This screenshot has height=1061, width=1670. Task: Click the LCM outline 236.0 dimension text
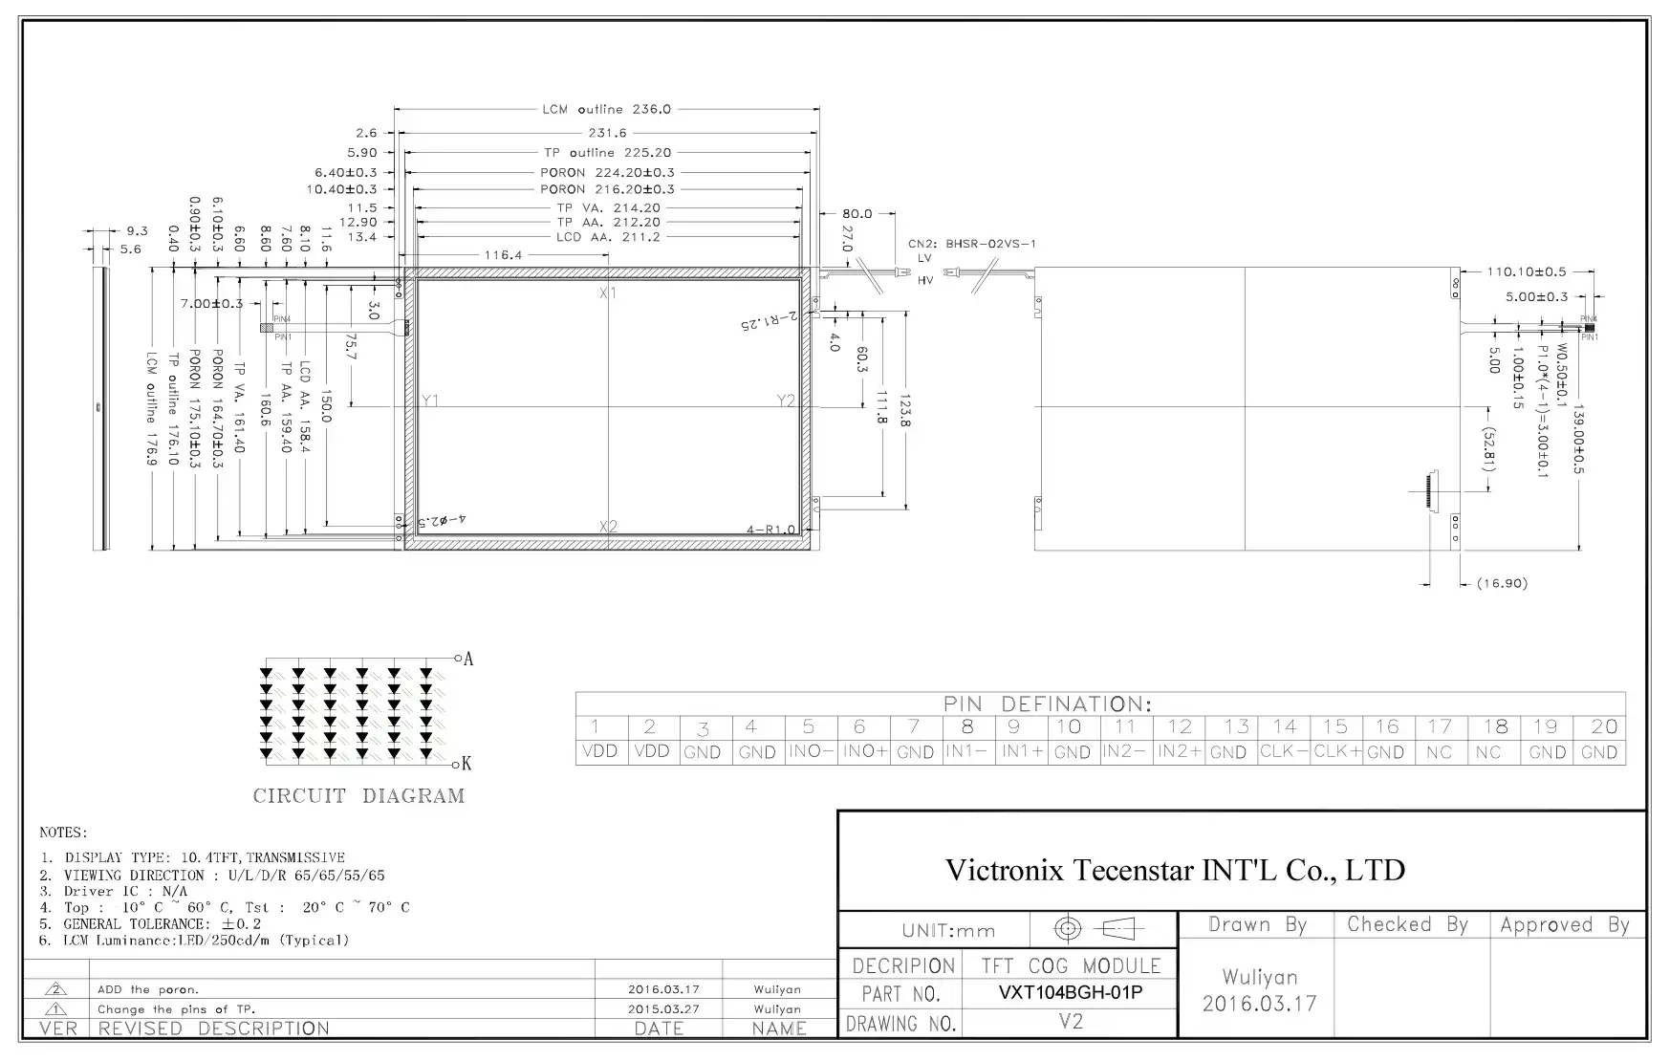pyautogui.click(x=606, y=110)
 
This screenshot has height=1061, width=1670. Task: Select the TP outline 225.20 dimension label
pyautogui.click(x=607, y=153)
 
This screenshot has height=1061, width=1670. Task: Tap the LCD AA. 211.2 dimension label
pyautogui.click(x=608, y=237)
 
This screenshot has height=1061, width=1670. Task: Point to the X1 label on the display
pyautogui.click(x=608, y=293)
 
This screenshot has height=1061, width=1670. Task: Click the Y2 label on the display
pyautogui.click(x=786, y=401)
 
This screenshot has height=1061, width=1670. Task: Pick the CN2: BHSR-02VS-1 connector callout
pyautogui.click(x=971, y=244)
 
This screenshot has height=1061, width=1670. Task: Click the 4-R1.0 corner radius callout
pyautogui.click(x=770, y=530)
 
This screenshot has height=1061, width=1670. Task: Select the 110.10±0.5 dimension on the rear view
pyautogui.click(x=1526, y=272)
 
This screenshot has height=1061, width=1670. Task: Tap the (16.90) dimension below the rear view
pyautogui.click(x=1502, y=583)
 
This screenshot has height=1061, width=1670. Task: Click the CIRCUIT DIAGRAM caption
pyautogui.click(x=358, y=796)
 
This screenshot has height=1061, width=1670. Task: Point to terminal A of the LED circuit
pyautogui.click(x=466, y=659)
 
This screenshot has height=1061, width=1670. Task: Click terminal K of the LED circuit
pyautogui.click(x=465, y=764)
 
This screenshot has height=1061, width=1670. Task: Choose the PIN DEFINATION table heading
pyautogui.click(x=1048, y=704)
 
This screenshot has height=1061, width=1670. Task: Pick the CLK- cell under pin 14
pyautogui.click(x=1284, y=751)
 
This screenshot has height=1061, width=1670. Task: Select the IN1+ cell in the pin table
pyautogui.click(x=1022, y=751)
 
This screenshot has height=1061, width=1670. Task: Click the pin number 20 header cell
pyautogui.click(x=1603, y=727)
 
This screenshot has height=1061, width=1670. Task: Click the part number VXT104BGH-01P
pyautogui.click(x=1070, y=992)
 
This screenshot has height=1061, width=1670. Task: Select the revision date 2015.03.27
pyautogui.click(x=663, y=1009)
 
